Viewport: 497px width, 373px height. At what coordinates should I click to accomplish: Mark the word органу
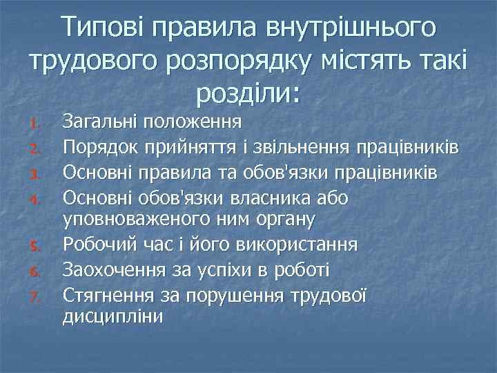coord(284,221)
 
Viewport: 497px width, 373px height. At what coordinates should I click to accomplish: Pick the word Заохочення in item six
coord(112,269)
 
